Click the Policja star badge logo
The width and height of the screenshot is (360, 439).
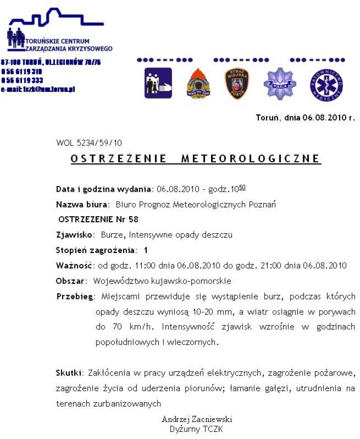[279, 83]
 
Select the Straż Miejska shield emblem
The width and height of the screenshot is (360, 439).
[237, 83]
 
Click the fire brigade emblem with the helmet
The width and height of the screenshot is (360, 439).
[198, 84]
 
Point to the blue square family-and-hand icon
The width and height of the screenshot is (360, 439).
[158, 83]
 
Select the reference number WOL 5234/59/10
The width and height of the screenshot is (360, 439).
[89, 143]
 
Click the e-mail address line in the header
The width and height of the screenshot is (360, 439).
[38, 89]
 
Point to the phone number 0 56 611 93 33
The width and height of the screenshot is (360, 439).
[22, 80]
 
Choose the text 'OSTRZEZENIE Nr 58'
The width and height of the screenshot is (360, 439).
[99, 219]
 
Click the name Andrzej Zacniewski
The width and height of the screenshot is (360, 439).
[197, 419]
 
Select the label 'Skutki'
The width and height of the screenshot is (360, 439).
[69, 373]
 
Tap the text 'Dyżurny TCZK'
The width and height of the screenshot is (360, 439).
[196, 429]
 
